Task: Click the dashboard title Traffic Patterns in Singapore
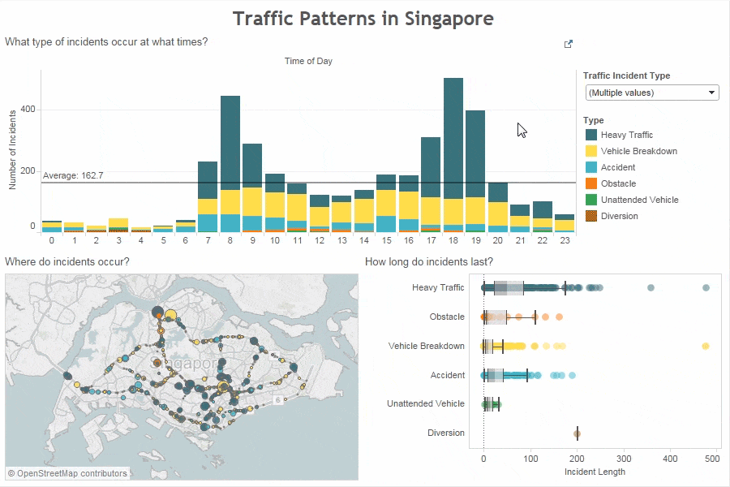tap(363, 19)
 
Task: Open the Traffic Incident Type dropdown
tap(652, 93)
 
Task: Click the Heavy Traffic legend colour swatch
tap(591, 135)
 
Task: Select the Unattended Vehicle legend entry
tap(639, 200)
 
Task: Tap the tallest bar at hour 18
tap(453, 138)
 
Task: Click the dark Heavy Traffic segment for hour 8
tap(230, 142)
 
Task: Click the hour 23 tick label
tap(565, 241)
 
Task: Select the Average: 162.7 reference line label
tap(73, 175)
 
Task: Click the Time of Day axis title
tap(308, 61)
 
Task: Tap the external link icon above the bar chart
tap(569, 44)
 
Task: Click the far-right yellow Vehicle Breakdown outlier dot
tap(706, 347)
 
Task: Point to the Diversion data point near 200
tap(577, 433)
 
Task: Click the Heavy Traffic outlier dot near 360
tap(651, 288)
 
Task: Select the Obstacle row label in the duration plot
tap(447, 317)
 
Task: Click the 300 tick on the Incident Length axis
tap(624, 459)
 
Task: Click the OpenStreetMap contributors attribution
tap(67, 473)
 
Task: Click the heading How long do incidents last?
tap(429, 261)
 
